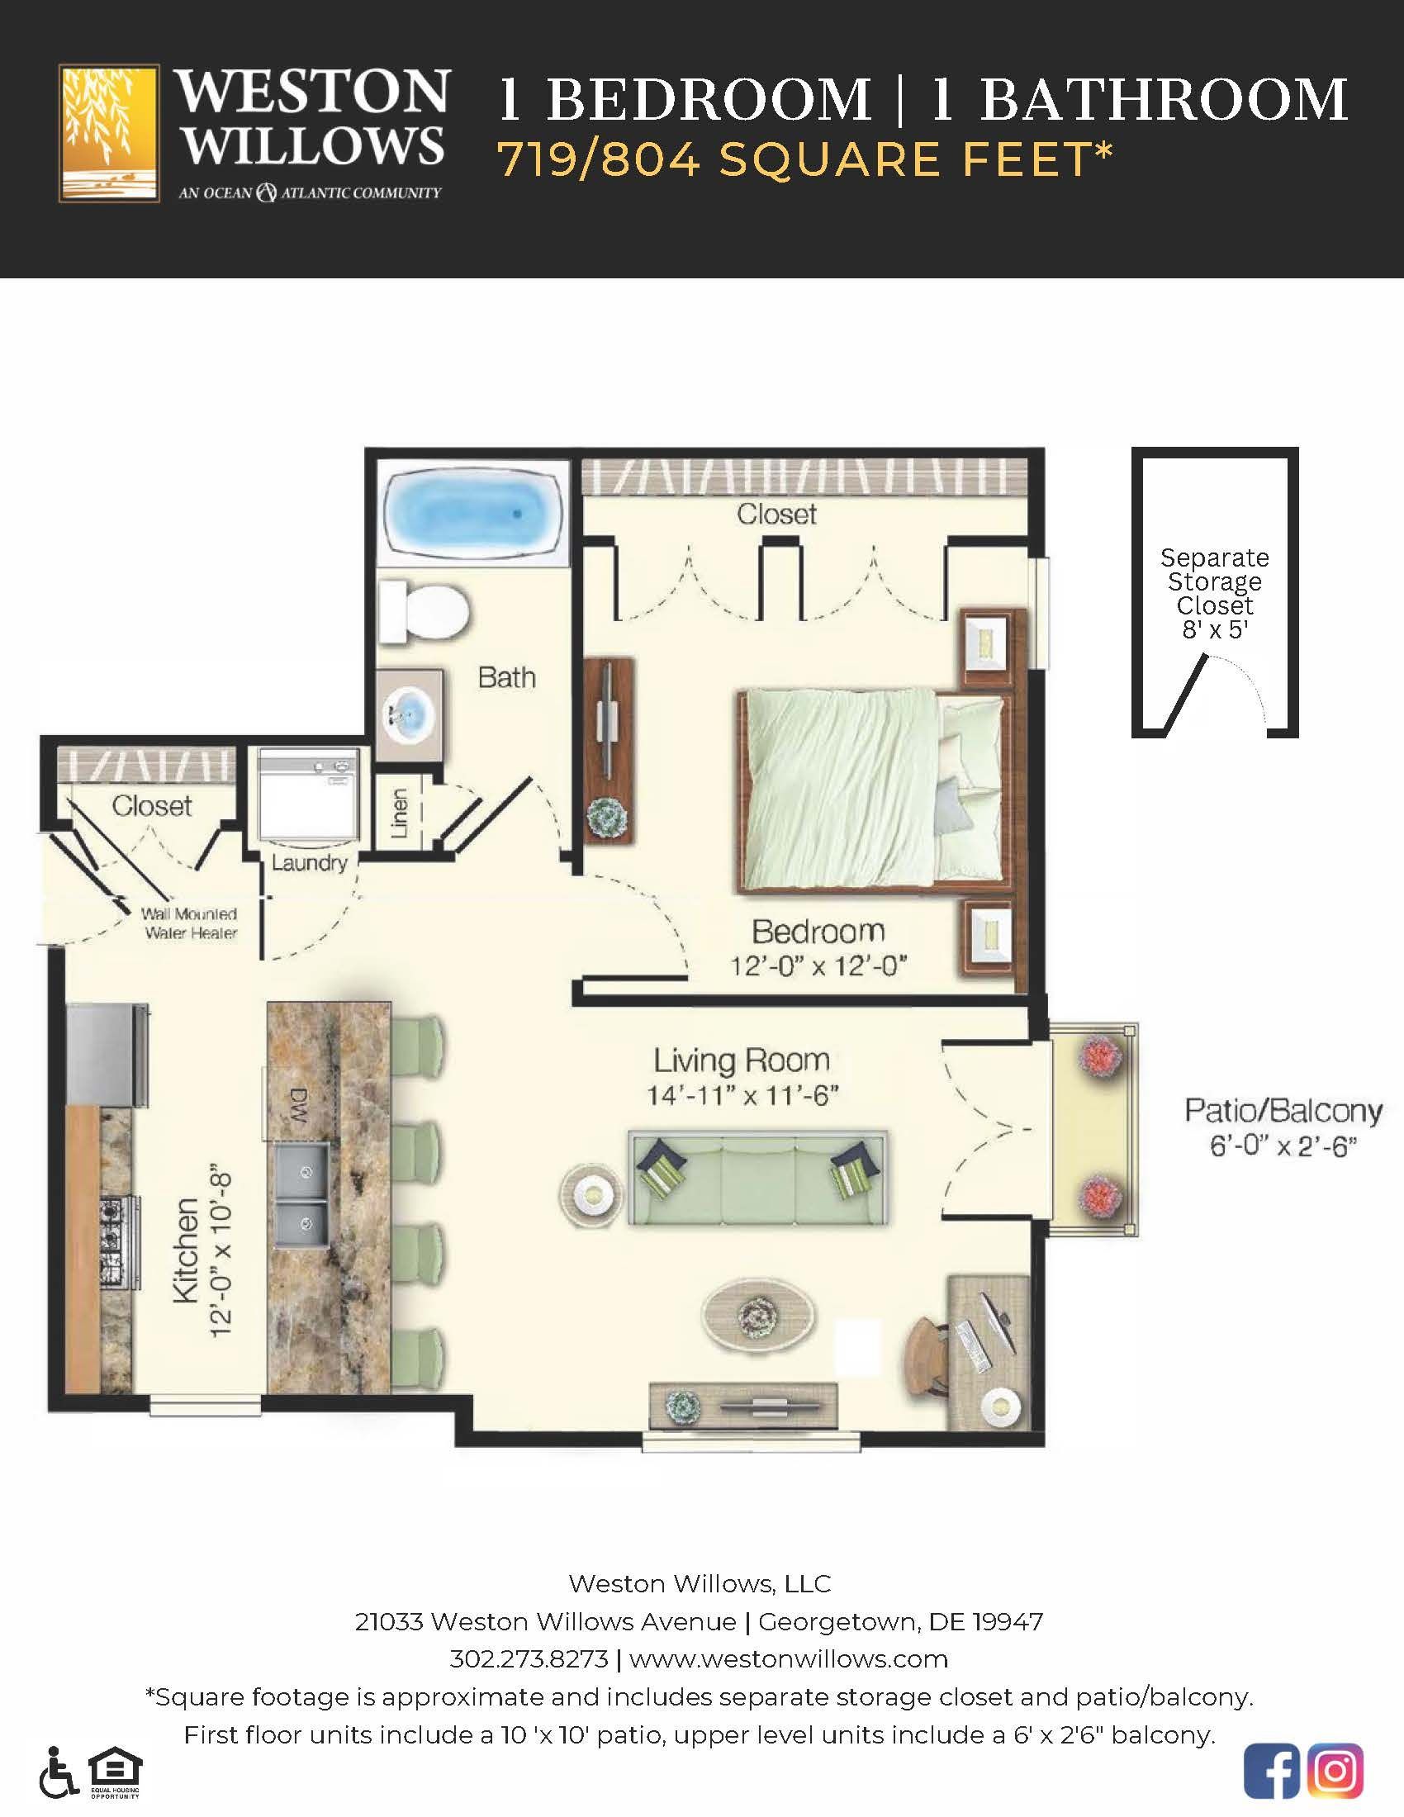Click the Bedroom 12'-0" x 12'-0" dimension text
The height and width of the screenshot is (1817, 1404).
(x=818, y=966)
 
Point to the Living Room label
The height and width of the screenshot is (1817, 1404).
(x=741, y=1060)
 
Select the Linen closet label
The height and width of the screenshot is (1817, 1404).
(x=398, y=813)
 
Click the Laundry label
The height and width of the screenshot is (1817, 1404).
(x=309, y=863)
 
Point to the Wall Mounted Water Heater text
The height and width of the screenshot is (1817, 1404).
(x=190, y=923)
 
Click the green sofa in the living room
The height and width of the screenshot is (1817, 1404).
(x=757, y=1178)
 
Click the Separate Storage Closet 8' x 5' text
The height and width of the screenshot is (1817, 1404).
(x=1214, y=593)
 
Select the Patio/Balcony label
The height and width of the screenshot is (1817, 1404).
(x=1283, y=1112)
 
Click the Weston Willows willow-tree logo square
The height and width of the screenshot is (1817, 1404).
(x=109, y=133)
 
